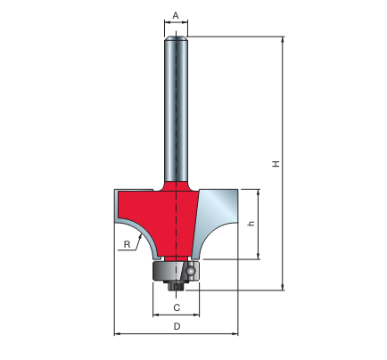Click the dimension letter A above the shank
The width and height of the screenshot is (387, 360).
176,15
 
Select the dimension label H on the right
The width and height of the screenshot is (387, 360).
276,164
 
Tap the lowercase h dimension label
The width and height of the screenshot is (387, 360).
251,223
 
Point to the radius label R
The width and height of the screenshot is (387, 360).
127,244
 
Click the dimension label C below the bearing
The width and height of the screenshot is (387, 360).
177,307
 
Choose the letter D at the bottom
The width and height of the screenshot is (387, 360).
177,327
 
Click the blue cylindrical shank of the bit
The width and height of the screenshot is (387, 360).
176,109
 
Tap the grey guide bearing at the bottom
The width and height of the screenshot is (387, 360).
176,271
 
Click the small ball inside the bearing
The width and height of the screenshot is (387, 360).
190,271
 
